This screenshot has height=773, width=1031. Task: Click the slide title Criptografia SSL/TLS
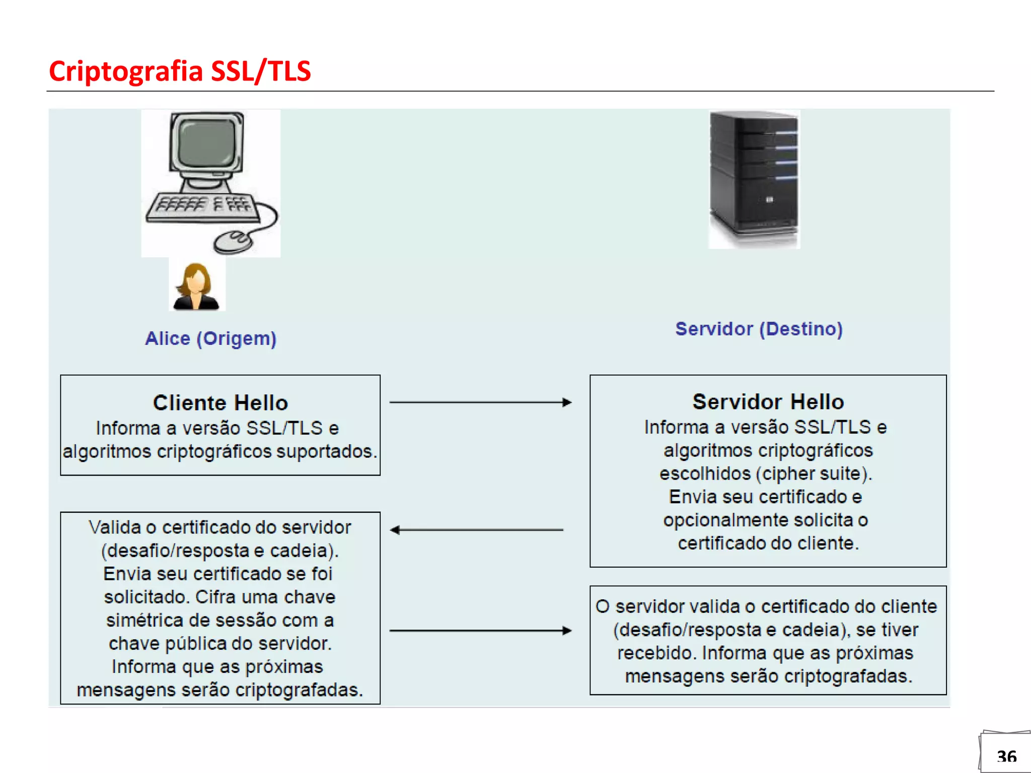click(180, 71)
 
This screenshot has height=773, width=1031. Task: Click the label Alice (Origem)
click(210, 338)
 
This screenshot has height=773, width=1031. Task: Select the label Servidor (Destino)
click(759, 329)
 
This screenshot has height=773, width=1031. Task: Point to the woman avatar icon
click(196, 286)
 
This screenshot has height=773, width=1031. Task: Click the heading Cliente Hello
click(220, 403)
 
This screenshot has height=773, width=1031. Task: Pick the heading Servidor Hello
click(768, 402)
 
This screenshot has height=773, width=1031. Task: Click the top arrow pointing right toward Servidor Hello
click(480, 402)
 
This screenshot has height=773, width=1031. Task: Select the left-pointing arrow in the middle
click(476, 530)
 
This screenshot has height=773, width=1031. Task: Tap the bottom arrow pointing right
click(480, 630)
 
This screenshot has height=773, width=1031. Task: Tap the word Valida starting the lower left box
click(114, 527)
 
